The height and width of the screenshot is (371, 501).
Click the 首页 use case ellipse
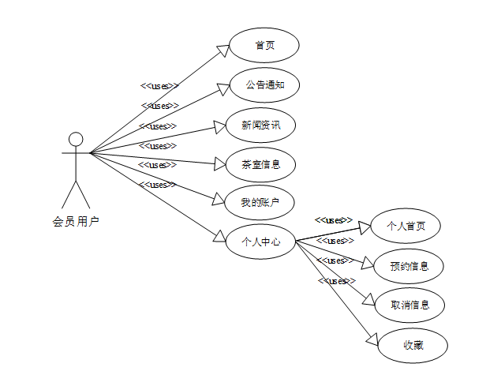(264, 45)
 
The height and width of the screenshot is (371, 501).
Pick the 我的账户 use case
(259, 203)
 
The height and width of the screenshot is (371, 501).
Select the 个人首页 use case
(406, 226)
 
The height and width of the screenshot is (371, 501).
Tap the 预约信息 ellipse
(409, 266)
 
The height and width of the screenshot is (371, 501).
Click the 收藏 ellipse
(413, 345)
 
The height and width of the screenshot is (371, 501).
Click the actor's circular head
(76, 140)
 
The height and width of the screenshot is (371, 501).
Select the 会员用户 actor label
(76, 223)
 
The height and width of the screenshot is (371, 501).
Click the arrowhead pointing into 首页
(223, 51)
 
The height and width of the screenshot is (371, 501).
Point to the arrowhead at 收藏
(373, 339)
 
